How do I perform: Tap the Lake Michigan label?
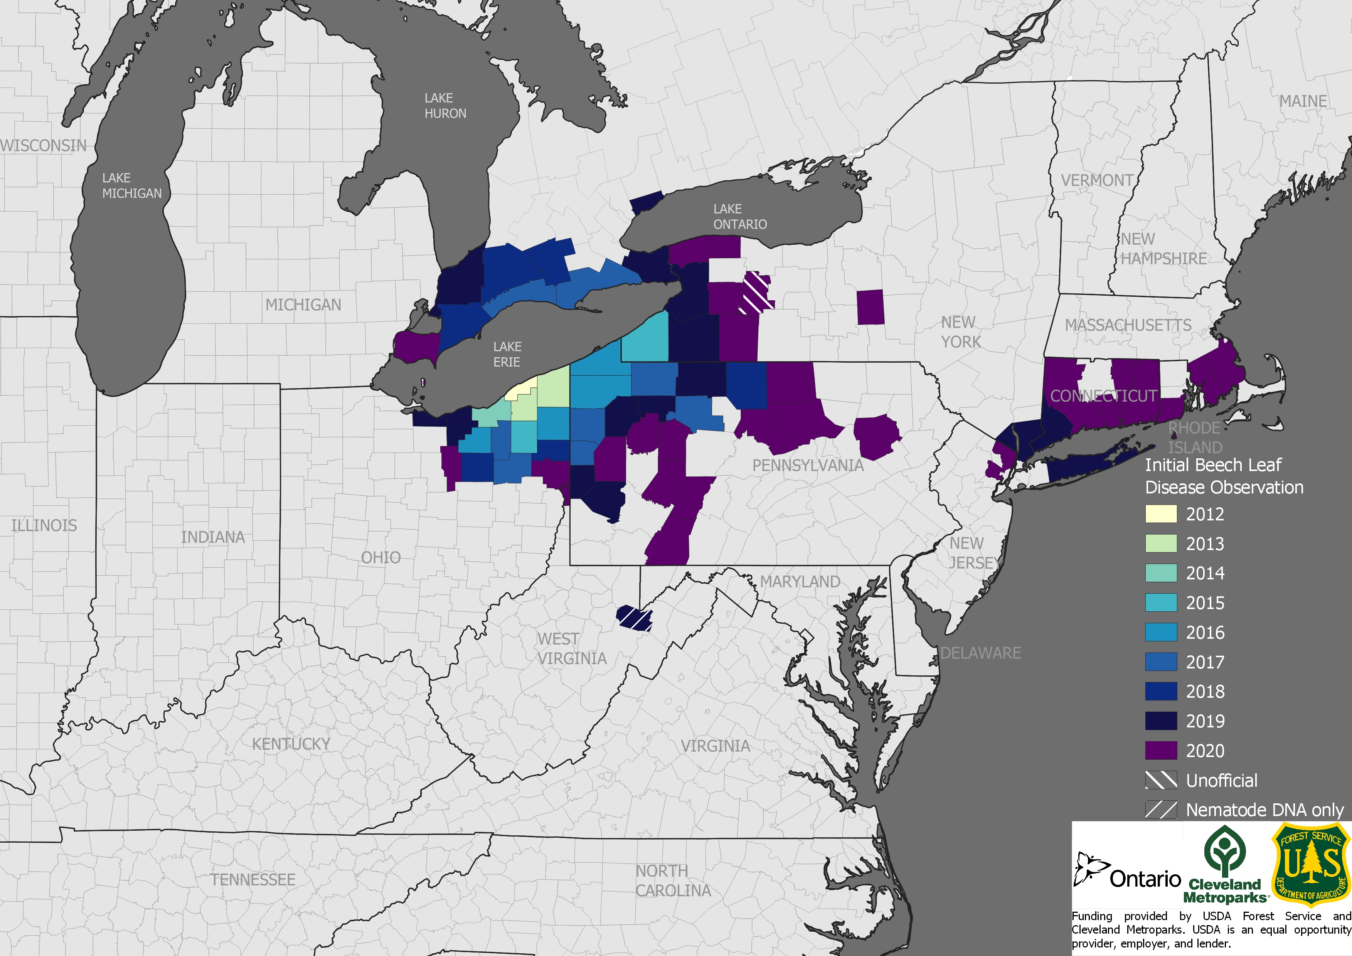pyautogui.click(x=131, y=185)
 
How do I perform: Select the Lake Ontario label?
pyautogui.click(x=739, y=217)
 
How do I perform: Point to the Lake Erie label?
pyautogui.click(x=507, y=354)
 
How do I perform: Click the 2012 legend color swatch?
pyautogui.click(x=1161, y=514)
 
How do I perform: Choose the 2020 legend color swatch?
pyautogui.click(x=1161, y=751)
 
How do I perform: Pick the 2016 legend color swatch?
pyautogui.click(x=1161, y=632)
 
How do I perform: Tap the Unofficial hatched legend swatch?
pyautogui.click(x=1161, y=780)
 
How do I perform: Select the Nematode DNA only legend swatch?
pyautogui.click(x=1161, y=810)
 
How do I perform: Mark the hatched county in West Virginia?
pyautogui.click(x=634, y=618)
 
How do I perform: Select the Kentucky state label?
pyautogui.click(x=291, y=744)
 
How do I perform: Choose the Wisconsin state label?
pyautogui.click(x=44, y=145)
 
